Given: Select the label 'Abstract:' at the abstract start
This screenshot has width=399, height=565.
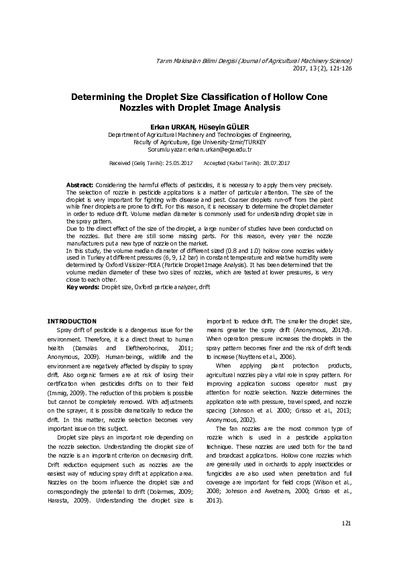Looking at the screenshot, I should coord(80,185).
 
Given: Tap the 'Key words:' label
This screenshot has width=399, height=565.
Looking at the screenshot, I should coord(83,287).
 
